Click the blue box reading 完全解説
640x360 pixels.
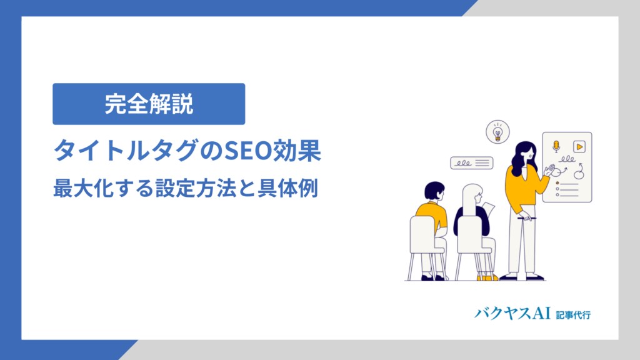149,104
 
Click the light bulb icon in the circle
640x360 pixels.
497,132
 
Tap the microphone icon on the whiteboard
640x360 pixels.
556,146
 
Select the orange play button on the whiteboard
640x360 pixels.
579,146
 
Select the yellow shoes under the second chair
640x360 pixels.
487,277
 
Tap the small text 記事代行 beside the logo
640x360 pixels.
573,314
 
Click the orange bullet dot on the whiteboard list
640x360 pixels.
556,183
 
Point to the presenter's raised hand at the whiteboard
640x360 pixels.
549,169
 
